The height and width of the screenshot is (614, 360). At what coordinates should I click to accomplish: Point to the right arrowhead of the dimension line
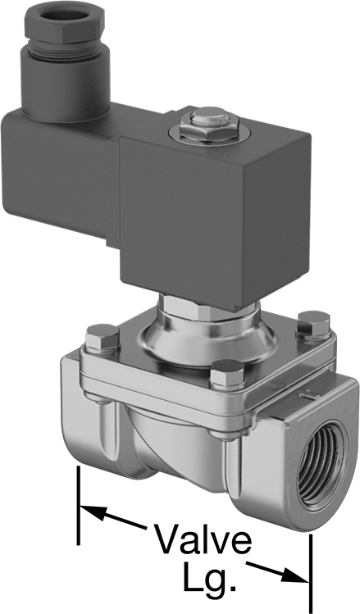pos(295,575)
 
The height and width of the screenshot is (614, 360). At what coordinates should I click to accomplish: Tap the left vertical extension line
pos(79,505)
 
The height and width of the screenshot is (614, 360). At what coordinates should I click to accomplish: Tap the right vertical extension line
pos(311,574)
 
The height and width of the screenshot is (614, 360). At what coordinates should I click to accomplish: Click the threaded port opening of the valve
pos(321,465)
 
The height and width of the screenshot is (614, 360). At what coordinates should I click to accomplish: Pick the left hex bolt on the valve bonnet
pos(102,338)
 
